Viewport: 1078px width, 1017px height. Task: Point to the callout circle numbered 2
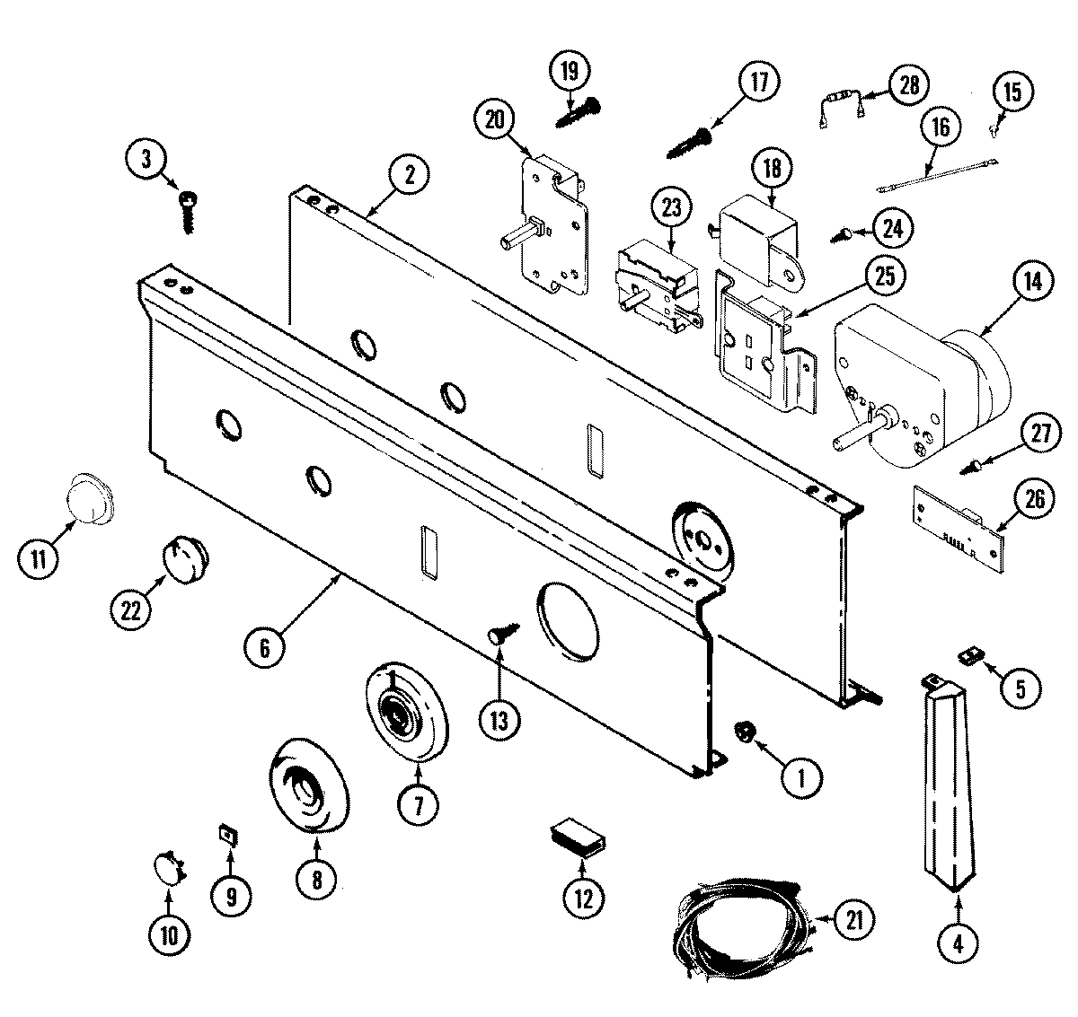[x=409, y=176]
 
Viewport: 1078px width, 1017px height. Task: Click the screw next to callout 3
[x=189, y=209]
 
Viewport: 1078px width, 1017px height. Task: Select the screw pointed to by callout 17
[x=690, y=140]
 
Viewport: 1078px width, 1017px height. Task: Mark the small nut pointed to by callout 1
[x=744, y=732]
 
